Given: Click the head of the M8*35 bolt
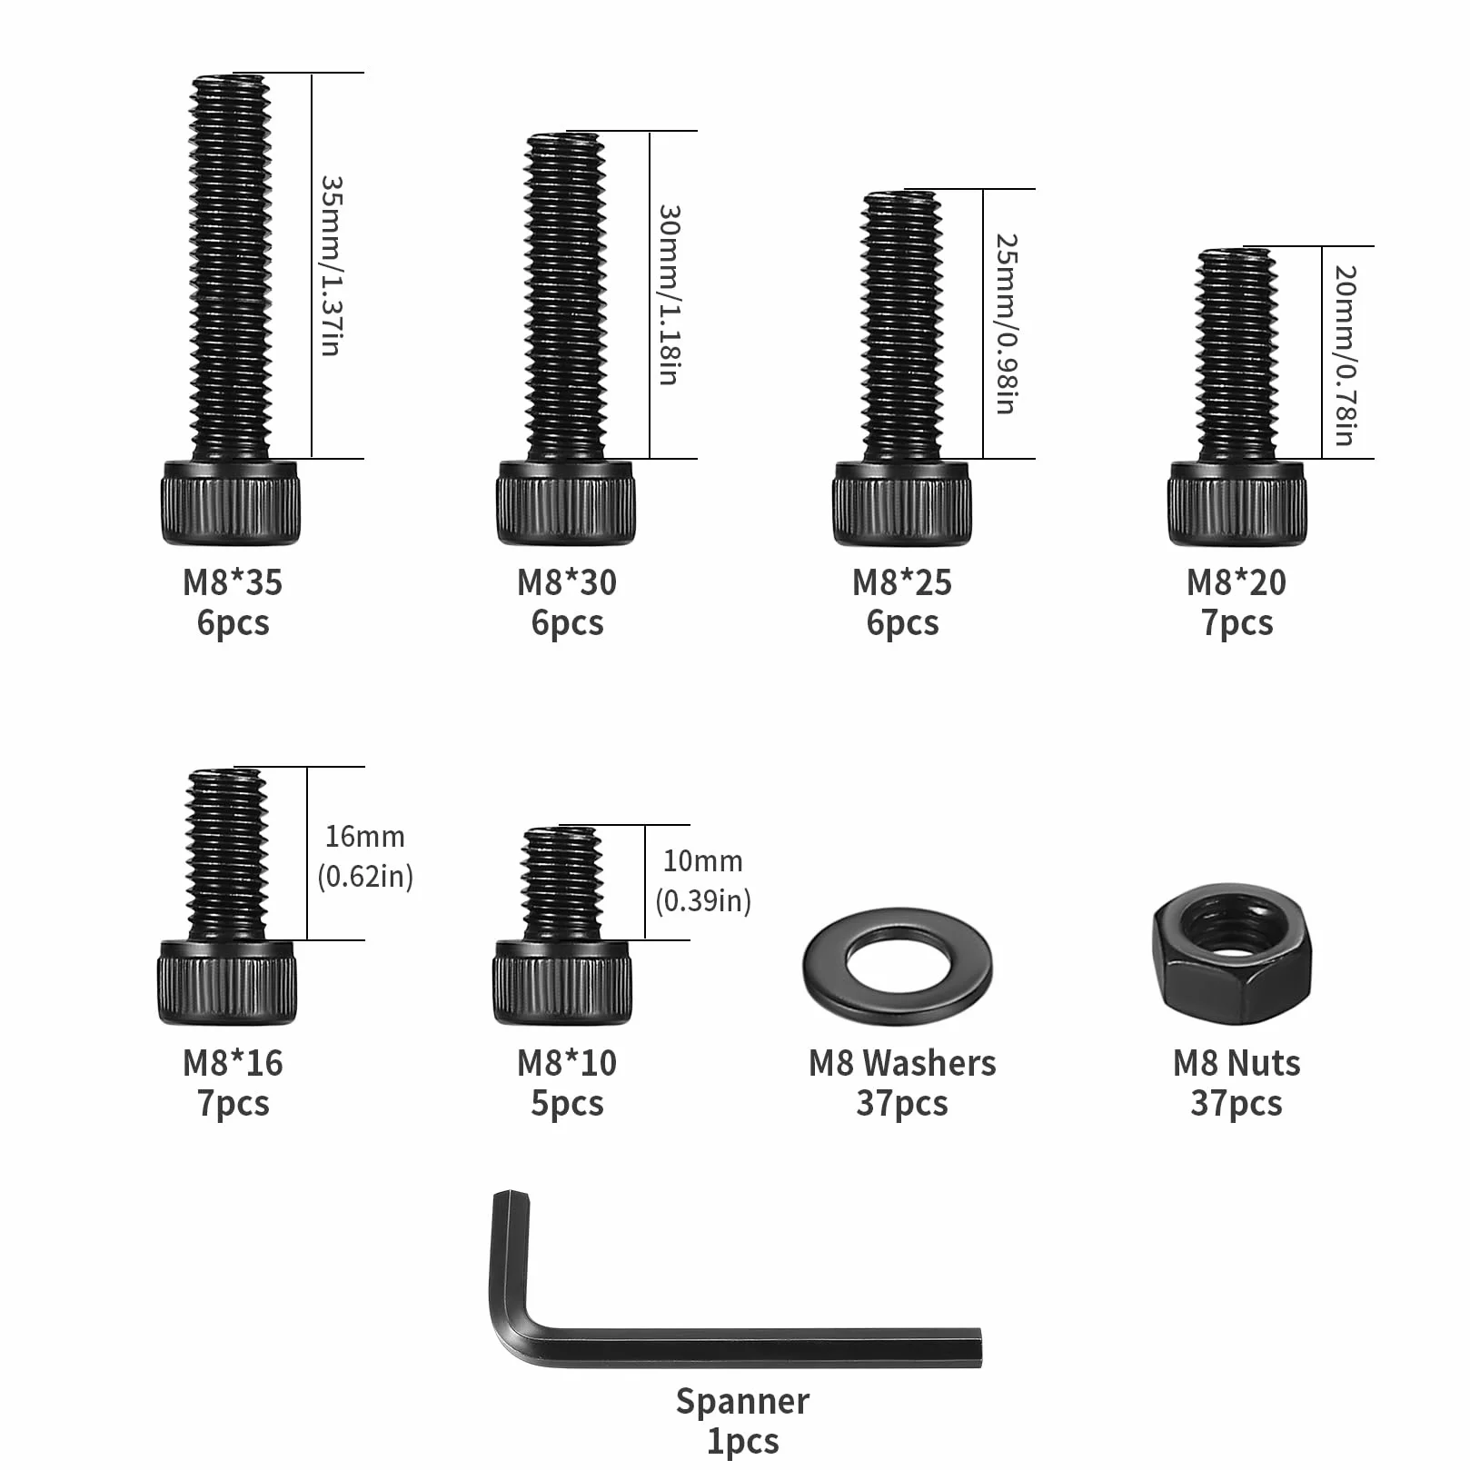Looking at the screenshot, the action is (x=231, y=502).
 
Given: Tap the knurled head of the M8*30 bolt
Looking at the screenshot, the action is (x=566, y=502).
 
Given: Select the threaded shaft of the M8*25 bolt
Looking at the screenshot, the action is (x=901, y=325).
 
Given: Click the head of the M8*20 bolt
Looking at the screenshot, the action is (x=1237, y=502).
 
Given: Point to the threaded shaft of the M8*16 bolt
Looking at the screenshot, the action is (x=227, y=855).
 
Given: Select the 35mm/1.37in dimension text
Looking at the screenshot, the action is (x=331, y=265).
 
